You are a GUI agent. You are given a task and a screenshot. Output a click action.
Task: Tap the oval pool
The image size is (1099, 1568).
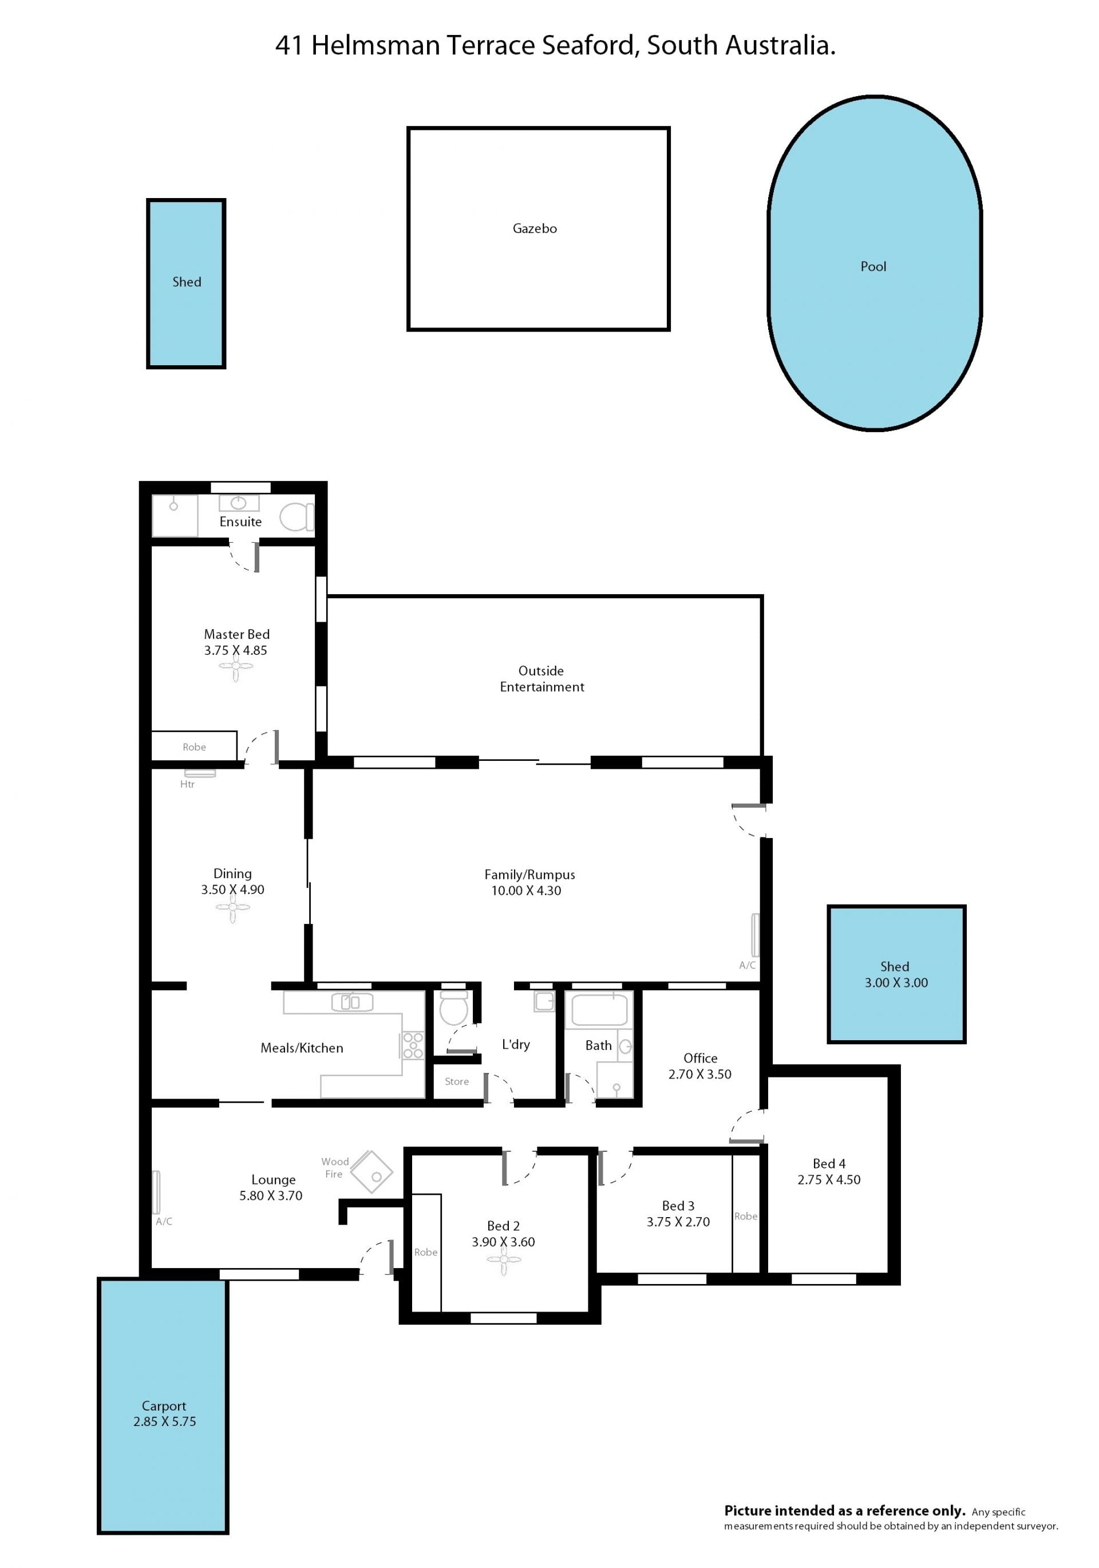click(874, 263)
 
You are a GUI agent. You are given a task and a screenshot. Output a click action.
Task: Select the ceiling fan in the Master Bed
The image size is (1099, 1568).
click(236, 668)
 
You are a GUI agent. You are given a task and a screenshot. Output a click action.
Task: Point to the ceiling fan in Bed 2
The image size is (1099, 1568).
click(503, 1260)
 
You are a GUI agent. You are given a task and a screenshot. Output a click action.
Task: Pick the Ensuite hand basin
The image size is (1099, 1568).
click(238, 503)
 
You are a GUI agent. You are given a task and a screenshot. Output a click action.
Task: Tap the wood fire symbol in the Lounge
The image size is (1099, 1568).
click(371, 1172)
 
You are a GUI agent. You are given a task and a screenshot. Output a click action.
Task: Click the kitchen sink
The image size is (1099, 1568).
click(352, 1002)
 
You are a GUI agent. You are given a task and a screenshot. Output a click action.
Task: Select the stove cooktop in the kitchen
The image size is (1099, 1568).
click(413, 1045)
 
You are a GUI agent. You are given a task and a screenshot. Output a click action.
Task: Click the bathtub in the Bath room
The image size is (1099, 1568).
click(599, 1010)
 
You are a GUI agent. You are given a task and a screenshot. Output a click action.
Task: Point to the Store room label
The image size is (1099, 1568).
click(457, 1082)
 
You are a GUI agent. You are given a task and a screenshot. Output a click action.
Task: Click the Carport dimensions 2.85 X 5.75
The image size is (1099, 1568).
click(165, 1421)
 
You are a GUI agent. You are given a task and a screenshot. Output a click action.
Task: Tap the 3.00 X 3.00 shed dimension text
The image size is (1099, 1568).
click(896, 983)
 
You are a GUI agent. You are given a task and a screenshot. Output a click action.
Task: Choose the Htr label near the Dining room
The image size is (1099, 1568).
click(187, 785)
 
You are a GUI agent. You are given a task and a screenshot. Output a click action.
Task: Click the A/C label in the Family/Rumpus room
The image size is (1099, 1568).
click(747, 965)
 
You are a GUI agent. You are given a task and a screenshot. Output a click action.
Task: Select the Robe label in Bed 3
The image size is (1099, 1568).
click(746, 1217)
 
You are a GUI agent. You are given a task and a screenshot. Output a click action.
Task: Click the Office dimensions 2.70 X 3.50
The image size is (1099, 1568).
click(699, 1075)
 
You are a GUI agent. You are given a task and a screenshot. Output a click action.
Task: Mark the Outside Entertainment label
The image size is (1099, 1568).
click(541, 679)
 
